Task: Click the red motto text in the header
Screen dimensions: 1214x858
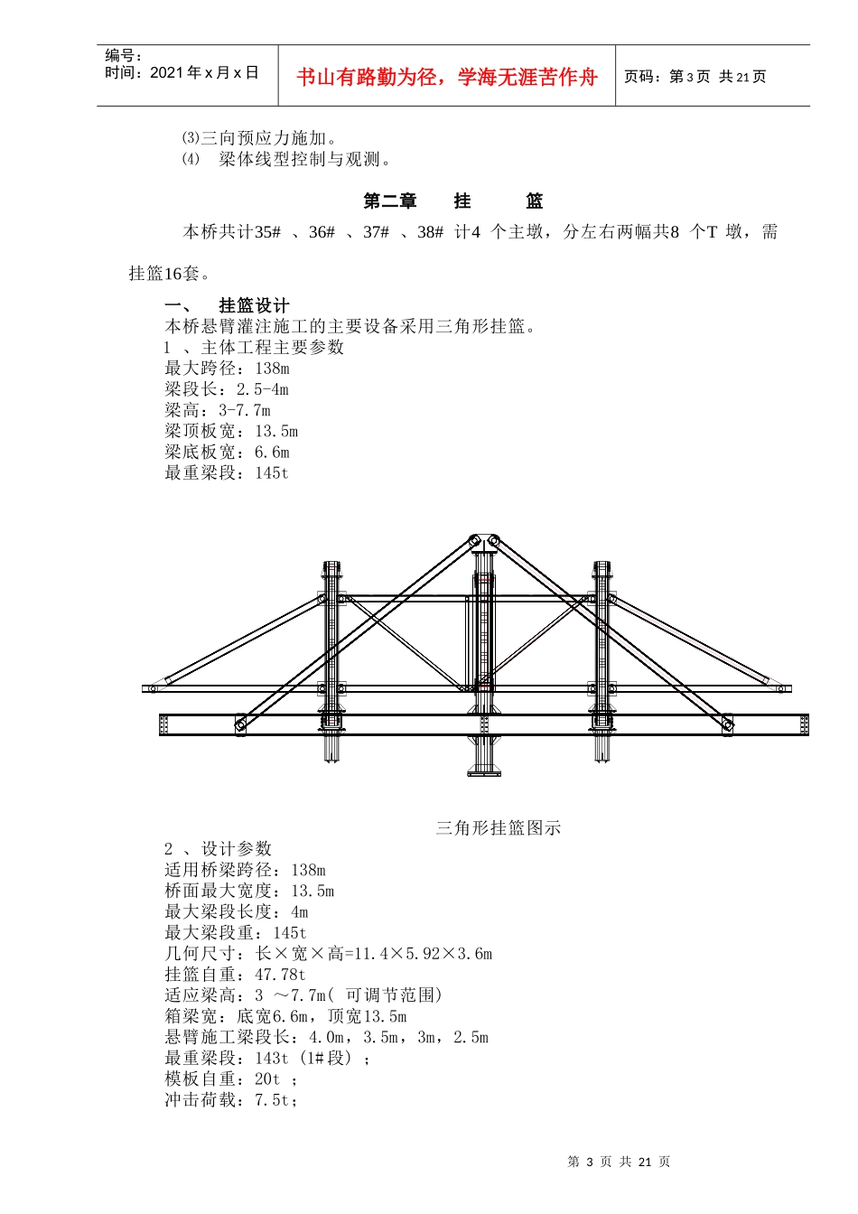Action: [447, 78]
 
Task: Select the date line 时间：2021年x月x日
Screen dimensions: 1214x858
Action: [182, 73]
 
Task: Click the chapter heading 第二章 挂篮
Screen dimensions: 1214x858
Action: [452, 201]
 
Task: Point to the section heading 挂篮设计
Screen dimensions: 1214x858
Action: [254, 305]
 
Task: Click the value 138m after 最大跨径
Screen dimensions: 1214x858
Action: [272, 369]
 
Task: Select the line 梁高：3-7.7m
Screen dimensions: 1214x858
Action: [218, 410]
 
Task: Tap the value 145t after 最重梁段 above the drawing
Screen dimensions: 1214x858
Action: [272, 472]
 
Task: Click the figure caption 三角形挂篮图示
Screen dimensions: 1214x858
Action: [499, 827]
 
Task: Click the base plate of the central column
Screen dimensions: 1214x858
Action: [484, 770]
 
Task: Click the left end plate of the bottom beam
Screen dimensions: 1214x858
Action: [163, 724]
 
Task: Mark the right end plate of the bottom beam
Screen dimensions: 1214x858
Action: [804, 724]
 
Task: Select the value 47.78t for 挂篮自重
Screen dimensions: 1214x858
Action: [280, 975]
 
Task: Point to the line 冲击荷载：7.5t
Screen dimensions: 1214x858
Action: [231, 1100]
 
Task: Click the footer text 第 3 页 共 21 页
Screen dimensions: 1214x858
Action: [619, 1163]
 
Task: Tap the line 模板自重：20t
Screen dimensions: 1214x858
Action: [231, 1079]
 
